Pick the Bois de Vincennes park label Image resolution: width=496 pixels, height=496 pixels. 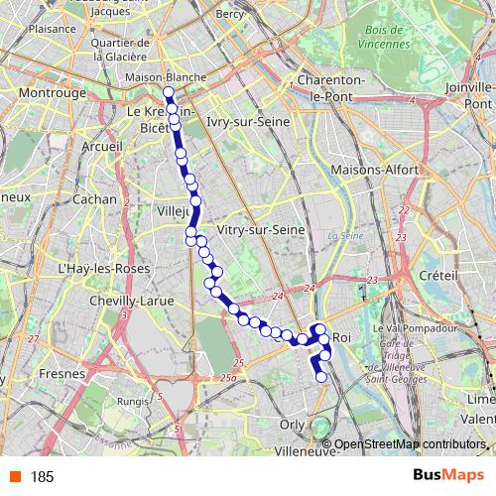point(381,38)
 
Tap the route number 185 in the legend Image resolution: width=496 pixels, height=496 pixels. point(42,477)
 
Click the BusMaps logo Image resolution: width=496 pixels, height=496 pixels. point(442,476)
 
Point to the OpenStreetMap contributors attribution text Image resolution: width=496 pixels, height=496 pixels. point(410,443)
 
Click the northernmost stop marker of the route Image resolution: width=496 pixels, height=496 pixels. point(169,93)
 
